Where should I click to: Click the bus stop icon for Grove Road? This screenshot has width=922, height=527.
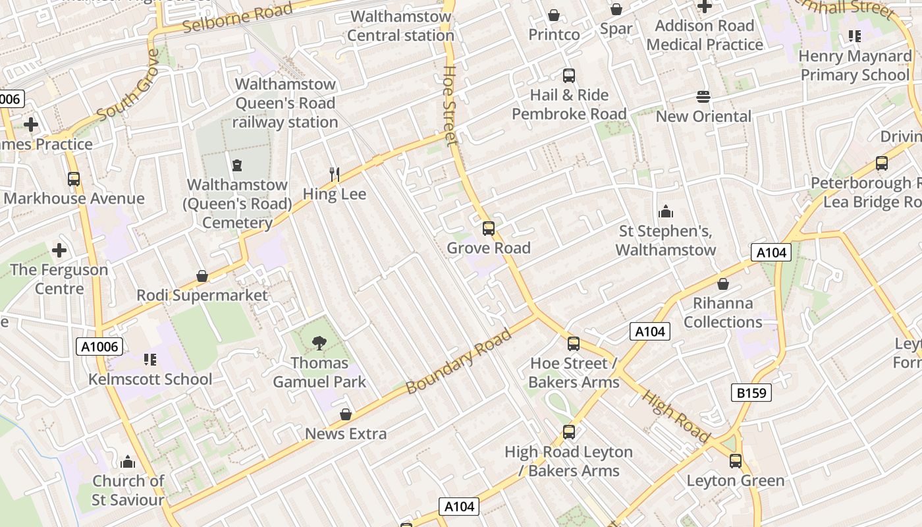[x=488, y=229]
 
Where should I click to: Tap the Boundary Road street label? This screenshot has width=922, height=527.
[x=458, y=362]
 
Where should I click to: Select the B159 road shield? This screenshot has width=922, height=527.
[x=751, y=393]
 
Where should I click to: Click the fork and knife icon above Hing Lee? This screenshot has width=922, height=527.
[x=335, y=175]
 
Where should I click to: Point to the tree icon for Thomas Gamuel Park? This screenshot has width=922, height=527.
[x=319, y=343]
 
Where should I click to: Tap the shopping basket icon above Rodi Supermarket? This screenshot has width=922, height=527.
[x=202, y=276]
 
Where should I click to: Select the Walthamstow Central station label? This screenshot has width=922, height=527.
[x=400, y=26]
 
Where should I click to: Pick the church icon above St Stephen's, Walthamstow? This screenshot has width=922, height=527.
[x=666, y=211]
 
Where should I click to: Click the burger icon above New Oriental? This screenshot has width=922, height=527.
[x=703, y=97]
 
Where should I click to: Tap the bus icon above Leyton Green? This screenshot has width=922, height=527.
[x=736, y=461]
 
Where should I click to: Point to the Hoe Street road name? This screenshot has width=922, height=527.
[x=450, y=105]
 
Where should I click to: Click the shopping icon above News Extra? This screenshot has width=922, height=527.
[x=345, y=414]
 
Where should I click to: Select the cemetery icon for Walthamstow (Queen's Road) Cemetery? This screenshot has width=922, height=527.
[x=236, y=165]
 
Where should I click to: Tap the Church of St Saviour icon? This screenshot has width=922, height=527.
[x=128, y=461]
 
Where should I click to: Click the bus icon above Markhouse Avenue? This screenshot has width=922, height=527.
[x=74, y=179]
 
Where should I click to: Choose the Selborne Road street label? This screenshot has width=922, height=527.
[x=238, y=18]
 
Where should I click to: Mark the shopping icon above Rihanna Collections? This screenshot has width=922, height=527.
[x=722, y=284]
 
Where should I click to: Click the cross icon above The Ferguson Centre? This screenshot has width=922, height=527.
[x=59, y=250]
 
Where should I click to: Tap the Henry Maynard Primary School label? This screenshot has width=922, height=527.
[x=854, y=65]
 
